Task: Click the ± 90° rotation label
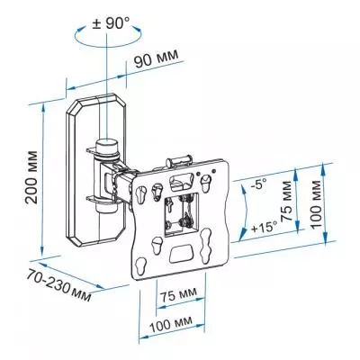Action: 111,23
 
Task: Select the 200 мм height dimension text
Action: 31,177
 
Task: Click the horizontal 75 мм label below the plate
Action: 178,295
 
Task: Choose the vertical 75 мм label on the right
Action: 286,201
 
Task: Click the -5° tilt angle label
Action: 258,184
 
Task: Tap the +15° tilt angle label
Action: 264,227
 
